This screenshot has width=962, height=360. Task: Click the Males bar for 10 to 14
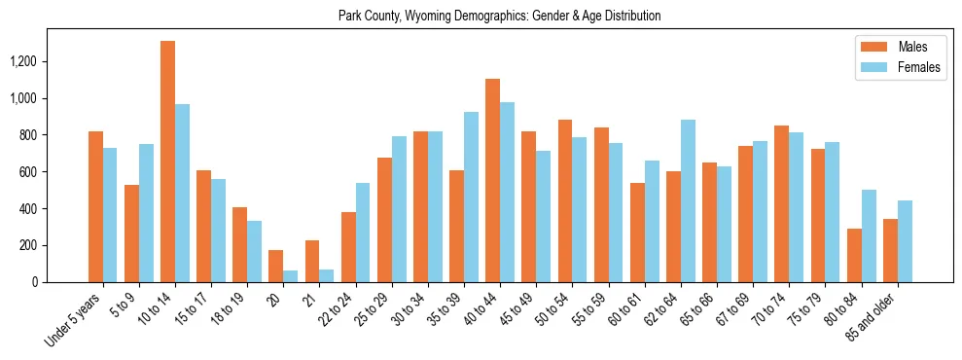(167, 162)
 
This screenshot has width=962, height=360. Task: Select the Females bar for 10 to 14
(182, 193)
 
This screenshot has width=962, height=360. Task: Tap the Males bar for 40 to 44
(492, 180)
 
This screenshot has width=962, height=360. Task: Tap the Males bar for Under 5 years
(95, 206)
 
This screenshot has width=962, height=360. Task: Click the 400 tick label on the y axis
(54, 208)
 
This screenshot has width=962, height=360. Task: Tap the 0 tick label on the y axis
(61, 282)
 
